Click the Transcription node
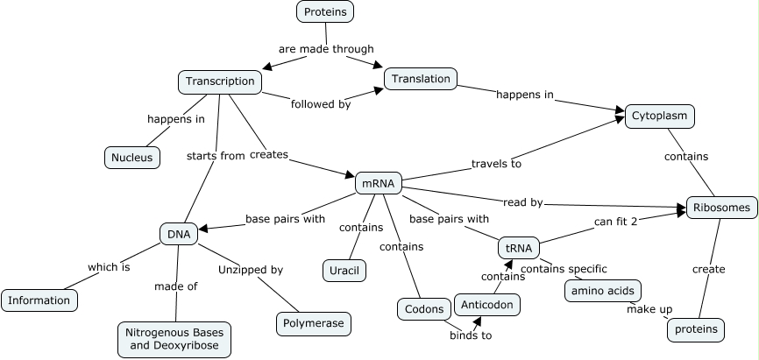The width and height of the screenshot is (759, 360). coord(220,82)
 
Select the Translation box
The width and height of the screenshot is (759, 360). coord(421,79)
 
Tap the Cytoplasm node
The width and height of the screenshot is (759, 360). coord(660,116)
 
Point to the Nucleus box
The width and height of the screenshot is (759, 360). coord(131,158)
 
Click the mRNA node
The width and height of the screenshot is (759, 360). coord(379,183)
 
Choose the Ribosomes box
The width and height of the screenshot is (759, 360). coord(721,208)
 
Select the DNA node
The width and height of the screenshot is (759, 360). coord(179,233)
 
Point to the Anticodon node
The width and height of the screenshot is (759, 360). coord(486,305)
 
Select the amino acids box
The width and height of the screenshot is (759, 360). coord(602,291)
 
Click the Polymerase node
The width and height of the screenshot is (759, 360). coord(315,323)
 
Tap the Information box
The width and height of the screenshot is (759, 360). coord(39,300)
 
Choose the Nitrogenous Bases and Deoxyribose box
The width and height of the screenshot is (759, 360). coord(174,339)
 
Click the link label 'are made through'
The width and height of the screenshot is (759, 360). coord(326,49)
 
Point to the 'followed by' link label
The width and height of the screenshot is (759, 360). coord(320,103)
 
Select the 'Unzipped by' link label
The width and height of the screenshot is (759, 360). coord(251,270)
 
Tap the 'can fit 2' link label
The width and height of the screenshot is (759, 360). coord(615,221)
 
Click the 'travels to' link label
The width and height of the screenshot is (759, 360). coord(496,163)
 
